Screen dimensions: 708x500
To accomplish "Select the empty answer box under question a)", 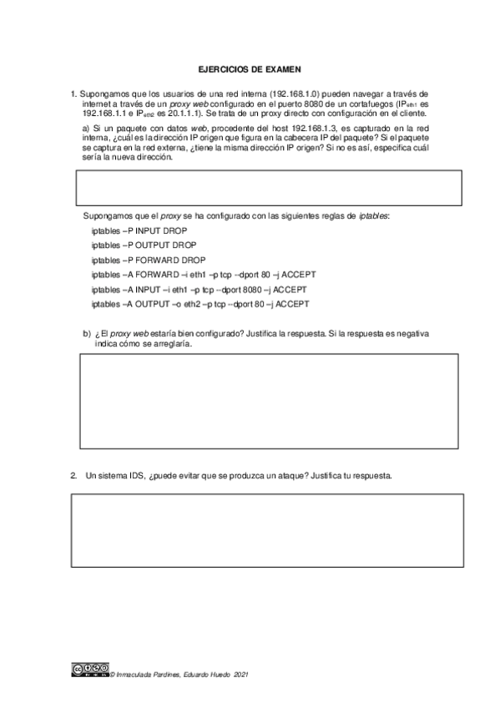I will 268,188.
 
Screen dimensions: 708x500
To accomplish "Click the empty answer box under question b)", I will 268,402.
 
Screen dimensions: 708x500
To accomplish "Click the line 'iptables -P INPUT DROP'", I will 139,230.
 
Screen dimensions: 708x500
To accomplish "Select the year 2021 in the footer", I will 240,672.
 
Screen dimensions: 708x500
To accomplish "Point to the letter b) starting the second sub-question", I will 87,333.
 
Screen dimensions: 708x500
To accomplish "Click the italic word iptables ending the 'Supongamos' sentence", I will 373,215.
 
